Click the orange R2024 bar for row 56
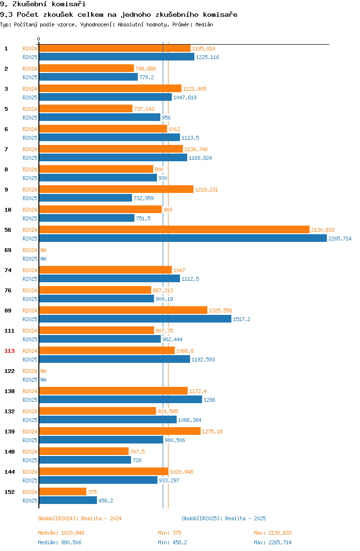pos(174,230)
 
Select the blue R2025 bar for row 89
pos(135,319)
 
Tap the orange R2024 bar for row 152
pos(63,491)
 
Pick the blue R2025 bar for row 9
pos(86,198)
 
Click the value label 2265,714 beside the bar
pos(340,239)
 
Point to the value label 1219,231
pos(206,190)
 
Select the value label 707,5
pos(137,452)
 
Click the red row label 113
pos(10,351)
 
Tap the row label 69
pos(8,250)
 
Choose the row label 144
pos(10,472)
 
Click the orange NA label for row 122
pos(43,371)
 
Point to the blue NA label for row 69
pos(43,259)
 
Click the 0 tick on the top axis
pos(39,39)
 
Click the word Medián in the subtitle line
pos(204,24)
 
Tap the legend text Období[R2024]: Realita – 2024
pos(80,518)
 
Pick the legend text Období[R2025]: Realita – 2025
pos(224,518)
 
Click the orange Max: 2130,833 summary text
pos(273,533)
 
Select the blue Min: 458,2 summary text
pos(172,542)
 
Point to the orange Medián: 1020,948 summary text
pos(61,533)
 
